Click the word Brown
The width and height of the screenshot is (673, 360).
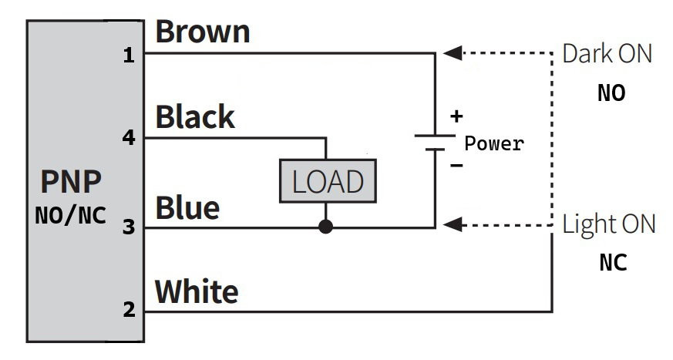203,32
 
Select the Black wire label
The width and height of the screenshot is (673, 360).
195,116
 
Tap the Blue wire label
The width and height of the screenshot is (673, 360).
187,207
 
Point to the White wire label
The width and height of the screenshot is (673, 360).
197,291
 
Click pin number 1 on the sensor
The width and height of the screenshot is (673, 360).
129,56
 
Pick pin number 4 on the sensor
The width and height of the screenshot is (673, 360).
129,138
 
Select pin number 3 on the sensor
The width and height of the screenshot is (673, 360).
129,227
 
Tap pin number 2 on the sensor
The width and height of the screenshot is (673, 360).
130,309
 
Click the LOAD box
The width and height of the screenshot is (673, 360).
328,181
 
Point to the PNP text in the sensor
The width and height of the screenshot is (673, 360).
71,181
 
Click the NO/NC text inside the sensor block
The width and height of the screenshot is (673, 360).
71,215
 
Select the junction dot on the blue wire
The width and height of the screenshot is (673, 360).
326,227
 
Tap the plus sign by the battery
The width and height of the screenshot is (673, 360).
456,116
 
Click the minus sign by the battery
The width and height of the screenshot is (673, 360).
456,165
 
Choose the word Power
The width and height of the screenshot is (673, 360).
494,143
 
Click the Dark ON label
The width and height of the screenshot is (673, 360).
607,54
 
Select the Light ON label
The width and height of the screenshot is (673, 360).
608,224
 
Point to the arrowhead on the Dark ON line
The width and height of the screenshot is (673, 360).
453,53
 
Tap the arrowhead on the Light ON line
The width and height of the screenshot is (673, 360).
453,224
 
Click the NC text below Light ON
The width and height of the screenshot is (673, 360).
613,263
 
